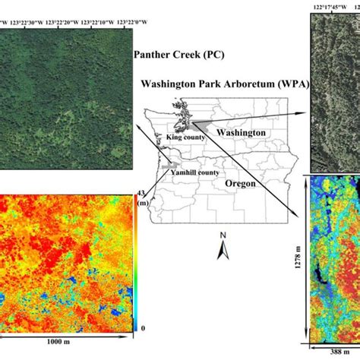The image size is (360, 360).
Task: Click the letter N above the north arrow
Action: click(x=223, y=235)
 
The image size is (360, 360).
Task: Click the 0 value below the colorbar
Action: click(x=142, y=328)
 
